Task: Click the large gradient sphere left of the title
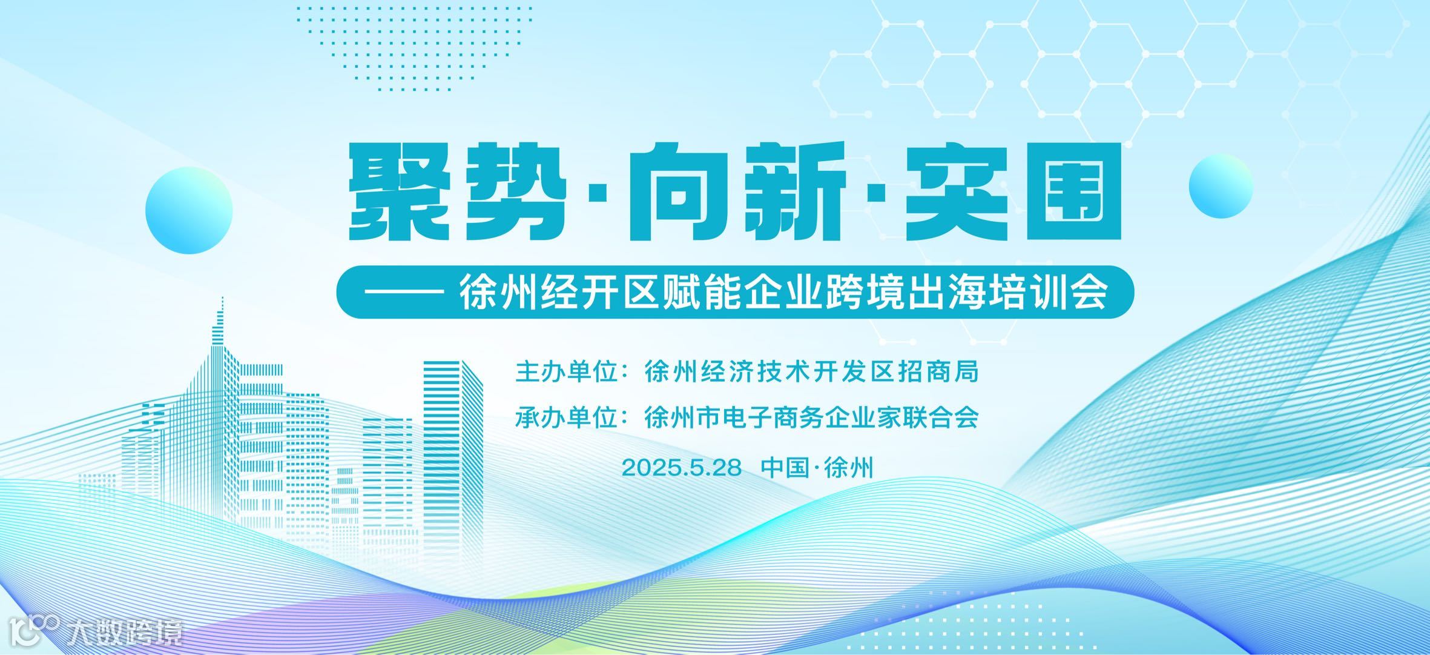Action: coord(189,210)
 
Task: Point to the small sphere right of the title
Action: coord(1220,185)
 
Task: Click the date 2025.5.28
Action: coord(681,468)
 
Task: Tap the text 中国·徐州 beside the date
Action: coord(817,468)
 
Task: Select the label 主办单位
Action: coord(566,372)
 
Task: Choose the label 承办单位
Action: coord(566,418)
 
